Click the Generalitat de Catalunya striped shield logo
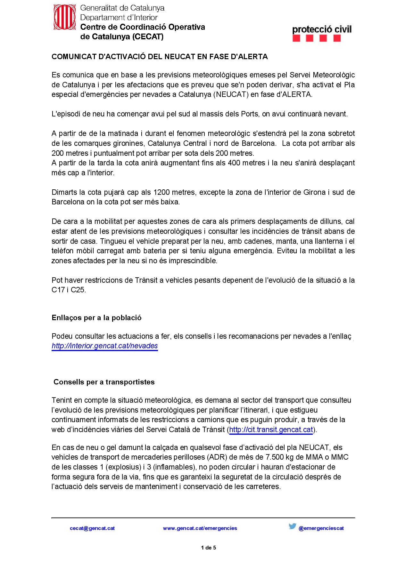(x=65, y=18)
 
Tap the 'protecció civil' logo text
(x=322, y=30)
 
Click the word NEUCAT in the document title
(x=180, y=57)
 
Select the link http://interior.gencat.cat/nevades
(x=105, y=346)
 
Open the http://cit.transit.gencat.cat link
(x=271, y=430)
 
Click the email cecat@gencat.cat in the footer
(x=92, y=528)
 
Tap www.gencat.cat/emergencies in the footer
(x=200, y=528)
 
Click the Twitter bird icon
(x=292, y=526)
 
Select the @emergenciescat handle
(x=321, y=528)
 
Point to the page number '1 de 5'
(x=209, y=548)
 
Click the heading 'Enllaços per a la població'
(x=96, y=318)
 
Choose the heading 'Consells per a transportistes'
(x=104, y=382)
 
